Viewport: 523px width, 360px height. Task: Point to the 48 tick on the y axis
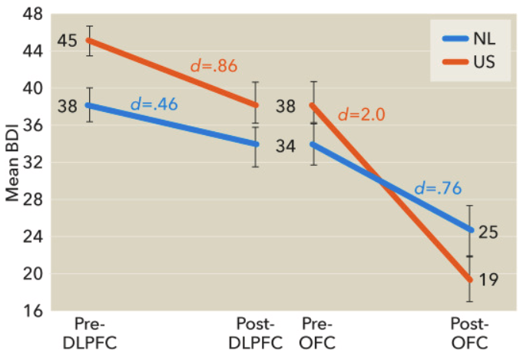pos(35,15)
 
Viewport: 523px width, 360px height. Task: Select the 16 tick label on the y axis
pos(35,311)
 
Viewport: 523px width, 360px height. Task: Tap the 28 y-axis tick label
pos(35,200)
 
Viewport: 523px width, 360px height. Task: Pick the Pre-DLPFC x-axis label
pos(91,332)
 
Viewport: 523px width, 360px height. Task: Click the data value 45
pos(68,40)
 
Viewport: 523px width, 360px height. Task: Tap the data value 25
pos(488,232)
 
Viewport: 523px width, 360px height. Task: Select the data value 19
pos(488,280)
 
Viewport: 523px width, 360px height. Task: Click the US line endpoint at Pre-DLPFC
pos(90,40)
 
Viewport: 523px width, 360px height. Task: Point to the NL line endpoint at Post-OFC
pos(470,230)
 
